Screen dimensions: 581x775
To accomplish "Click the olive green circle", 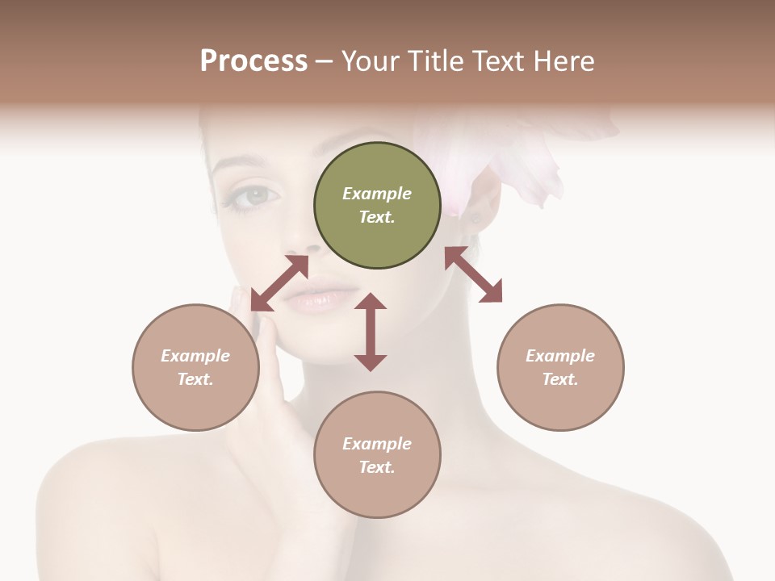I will coord(377,206).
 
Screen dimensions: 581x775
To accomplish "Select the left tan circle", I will coord(195,367).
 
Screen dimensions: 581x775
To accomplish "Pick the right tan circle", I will coord(560,367).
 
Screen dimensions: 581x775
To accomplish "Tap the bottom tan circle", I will coord(377,455).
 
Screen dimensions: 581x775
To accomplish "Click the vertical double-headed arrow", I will coord(371,332).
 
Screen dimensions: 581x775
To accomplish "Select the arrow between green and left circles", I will coord(279,283).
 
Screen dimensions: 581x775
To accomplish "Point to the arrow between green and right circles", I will coord(473,275).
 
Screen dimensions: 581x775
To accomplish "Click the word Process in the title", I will coord(253,61).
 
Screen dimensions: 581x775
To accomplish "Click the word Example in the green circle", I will coord(377,194).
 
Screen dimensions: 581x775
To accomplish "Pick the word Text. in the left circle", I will coord(195,379).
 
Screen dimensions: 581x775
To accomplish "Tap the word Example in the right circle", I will coord(560,356).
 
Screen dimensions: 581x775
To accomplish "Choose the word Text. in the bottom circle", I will coord(377,467).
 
